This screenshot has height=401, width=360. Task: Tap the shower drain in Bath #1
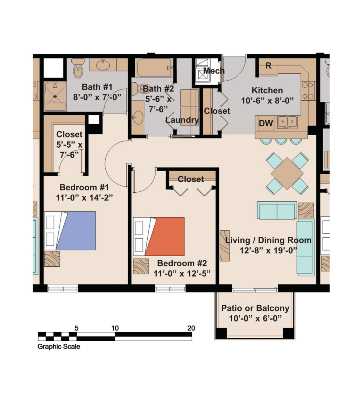[55, 96]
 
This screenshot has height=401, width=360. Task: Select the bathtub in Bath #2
[154, 67]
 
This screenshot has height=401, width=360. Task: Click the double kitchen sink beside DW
[288, 122]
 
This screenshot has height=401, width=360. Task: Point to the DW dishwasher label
[266, 123]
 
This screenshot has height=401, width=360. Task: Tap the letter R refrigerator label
[268, 66]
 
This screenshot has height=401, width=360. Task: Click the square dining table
[287, 173]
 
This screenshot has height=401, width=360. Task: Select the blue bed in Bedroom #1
[70, 231]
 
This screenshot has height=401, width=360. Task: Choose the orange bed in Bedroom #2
[159, 237]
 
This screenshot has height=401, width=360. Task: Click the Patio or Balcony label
[255, 308]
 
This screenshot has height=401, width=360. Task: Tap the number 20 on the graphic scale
[191, 328]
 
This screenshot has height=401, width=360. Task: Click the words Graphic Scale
[59, 347]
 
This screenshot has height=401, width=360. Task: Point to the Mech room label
[214, 70]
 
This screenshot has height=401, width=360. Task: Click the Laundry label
[182, 120]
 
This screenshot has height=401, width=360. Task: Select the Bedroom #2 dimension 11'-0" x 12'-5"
[182, 274]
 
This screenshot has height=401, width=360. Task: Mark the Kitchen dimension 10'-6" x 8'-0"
[268, 101]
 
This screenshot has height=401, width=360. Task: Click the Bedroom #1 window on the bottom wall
[63, 289]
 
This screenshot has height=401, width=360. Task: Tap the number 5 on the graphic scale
[76, 328]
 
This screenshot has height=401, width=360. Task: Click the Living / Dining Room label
[268, 240]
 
